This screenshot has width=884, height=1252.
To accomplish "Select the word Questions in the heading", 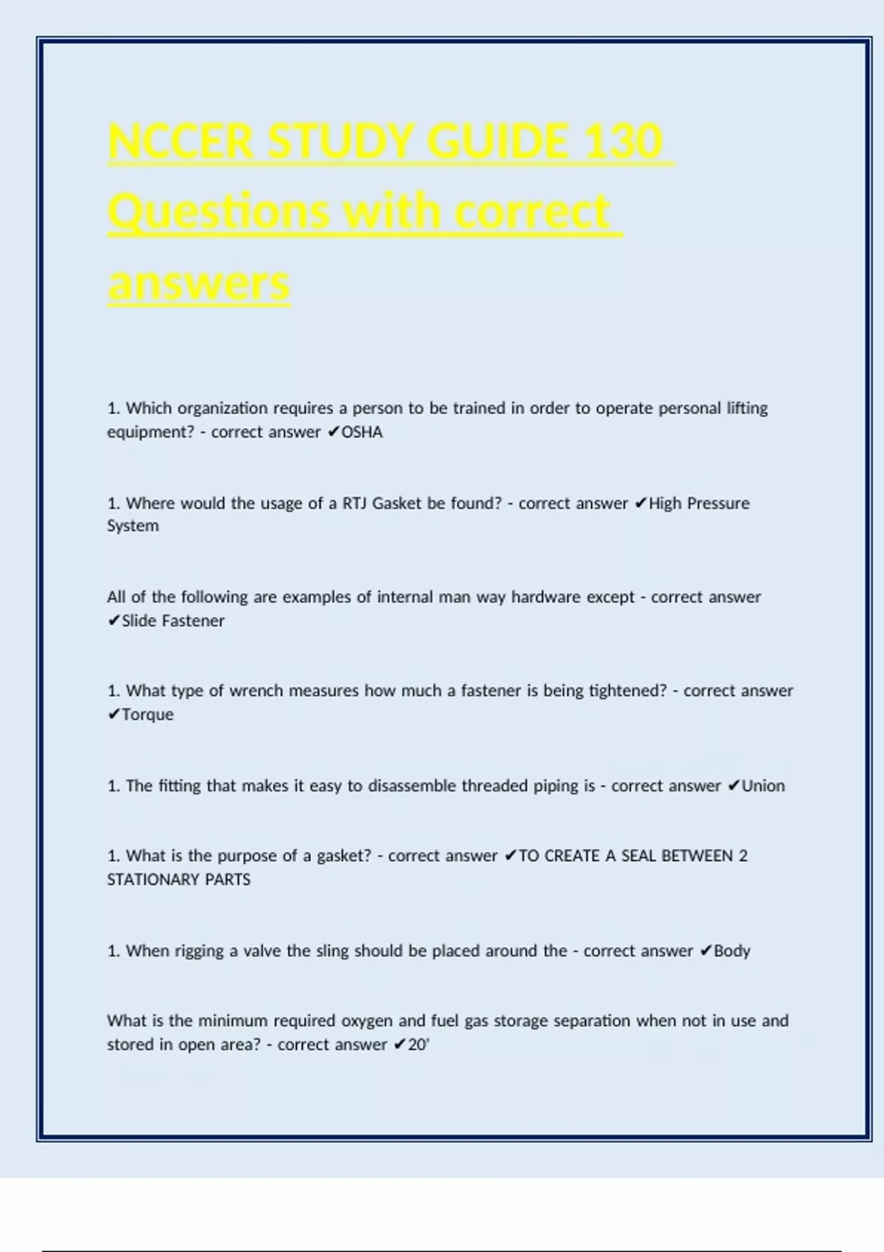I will tap(219, 212).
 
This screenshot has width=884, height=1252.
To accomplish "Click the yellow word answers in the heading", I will tap(199, 284).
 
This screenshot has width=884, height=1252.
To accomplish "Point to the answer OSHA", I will tap(362, 432).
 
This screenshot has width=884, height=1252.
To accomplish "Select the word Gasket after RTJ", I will tap(397, 504).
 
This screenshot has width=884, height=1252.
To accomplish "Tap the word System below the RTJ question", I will tap(133, 526).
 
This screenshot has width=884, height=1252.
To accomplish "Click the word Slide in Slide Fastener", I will tap(139, 621).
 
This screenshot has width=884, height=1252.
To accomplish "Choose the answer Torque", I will tap(147, 714).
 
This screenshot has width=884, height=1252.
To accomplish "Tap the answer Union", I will tap(763, 786).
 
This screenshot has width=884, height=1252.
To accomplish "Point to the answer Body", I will tap(732, 951).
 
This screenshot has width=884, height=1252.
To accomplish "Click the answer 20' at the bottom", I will tap(418, 1044).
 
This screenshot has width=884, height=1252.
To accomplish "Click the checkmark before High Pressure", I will tap(640, 504).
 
